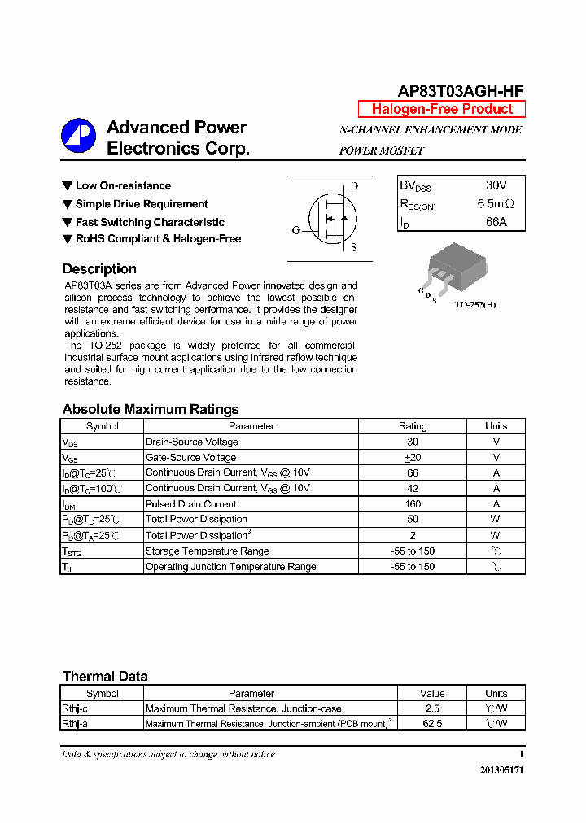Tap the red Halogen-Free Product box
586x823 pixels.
(x=442, y=109)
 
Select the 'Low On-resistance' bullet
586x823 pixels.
(x=122, y=186)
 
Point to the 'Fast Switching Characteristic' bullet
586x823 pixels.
(x=149, y=222)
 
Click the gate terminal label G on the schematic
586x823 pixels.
(x=296, y=230)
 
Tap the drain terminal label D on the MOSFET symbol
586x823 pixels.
(x=354, y=186)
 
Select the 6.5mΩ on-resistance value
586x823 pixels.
(x=496, y=204)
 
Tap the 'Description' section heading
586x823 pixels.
(x=99, y=269)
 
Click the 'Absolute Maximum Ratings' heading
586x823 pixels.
(x=151, y=410)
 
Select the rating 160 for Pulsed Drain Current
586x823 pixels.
(x=413, y=504)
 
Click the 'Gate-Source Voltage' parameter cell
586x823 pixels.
(x=190, y=458)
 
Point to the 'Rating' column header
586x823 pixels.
(x=413, y=426)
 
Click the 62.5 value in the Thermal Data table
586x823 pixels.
(x=432, y=724)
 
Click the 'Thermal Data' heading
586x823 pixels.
(x=105, y=677)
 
